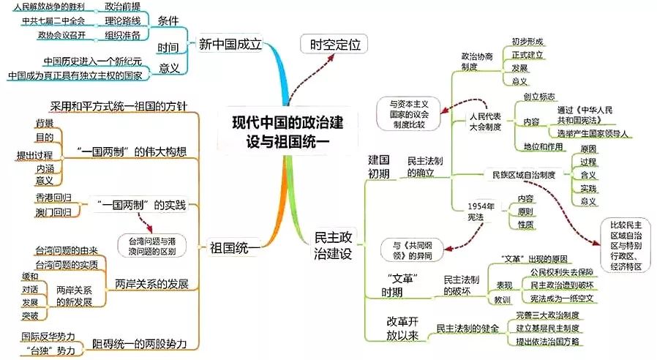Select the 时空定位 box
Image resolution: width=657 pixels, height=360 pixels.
click(x=331, y=45)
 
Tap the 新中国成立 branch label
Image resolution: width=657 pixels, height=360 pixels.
click(x=230, y=45)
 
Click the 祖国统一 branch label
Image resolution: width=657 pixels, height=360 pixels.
click(x=233, y=248)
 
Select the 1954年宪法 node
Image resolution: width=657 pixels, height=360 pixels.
click(x=481, y=211)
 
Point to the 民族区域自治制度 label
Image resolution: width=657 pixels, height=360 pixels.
click(x=524, y=175)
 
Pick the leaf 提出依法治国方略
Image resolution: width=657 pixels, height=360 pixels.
click(x=547, y=342)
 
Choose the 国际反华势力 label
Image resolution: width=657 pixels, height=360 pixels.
click(x=45, y=337)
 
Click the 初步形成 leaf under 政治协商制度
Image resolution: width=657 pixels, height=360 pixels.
click(x=528, y=41)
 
